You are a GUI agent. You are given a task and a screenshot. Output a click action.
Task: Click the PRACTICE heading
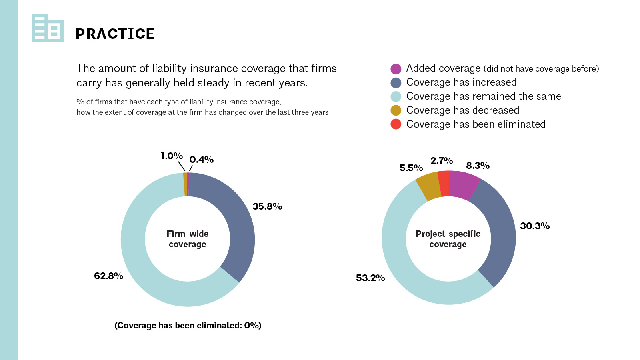tap(115, 34)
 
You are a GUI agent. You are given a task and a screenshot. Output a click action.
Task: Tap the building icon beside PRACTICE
tap(48, 28)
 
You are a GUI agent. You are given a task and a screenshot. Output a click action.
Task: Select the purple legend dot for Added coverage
tap(396, 69)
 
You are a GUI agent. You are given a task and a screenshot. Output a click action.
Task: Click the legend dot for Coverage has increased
tap(396, 82)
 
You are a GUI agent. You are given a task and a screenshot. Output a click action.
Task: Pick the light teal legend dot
tap(396, 96)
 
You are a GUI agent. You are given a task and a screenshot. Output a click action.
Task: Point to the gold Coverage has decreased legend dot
tap(396, 110)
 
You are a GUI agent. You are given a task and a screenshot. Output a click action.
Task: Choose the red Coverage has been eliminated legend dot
tap(396, 124)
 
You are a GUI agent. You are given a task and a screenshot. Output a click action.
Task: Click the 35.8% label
tap(267, 206)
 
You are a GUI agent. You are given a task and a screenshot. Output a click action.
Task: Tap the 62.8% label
tap(108, 276)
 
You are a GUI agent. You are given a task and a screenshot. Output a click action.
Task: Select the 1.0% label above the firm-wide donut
tap(172, 156)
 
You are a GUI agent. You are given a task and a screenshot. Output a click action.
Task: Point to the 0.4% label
tap(202, 160)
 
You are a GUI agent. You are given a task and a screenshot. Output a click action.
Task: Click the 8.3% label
tap(478, 166)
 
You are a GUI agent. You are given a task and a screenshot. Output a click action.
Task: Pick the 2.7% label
tap(442, 161)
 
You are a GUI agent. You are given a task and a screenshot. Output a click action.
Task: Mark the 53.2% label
tap(370, 278)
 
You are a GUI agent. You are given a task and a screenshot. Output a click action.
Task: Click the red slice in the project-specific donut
tap(444, 184)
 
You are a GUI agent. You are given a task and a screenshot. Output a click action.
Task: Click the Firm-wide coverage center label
tap(188, 239)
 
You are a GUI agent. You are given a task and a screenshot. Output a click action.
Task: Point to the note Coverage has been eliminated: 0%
tap(188, 326)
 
